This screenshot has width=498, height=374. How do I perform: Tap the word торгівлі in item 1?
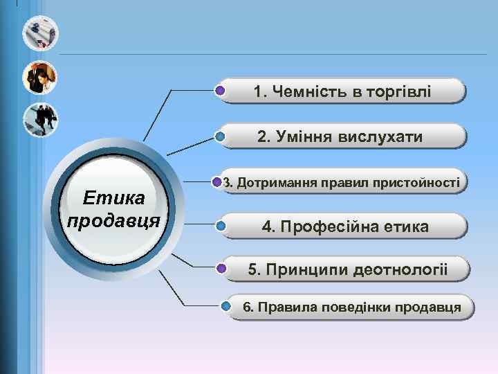coord(393,91)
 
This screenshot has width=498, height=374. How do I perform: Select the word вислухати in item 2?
coord(380,137)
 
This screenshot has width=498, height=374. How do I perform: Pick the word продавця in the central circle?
coord(114,222)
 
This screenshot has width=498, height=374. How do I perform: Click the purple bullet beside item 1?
coord(220,91)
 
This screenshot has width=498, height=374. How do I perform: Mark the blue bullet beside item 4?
coord(220,226)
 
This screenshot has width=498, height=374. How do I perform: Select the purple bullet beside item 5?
coord(221,268)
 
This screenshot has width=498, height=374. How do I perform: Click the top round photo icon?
coord(40,33)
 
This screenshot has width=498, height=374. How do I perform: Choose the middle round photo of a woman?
coord(40,78)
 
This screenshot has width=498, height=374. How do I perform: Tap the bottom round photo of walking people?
coord(40,120)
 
